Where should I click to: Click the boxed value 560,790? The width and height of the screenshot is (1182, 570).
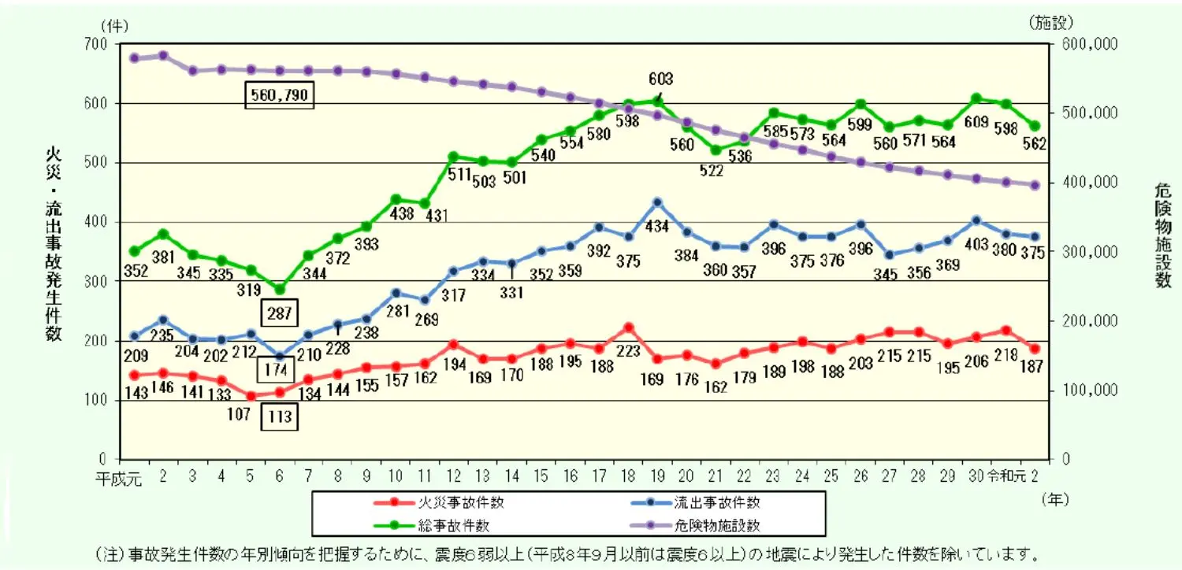click(279, 95)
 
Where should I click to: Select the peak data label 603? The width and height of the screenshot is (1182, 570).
click(661, 79)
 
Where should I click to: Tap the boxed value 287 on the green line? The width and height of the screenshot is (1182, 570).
click(280, 313)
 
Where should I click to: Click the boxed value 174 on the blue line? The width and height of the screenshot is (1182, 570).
click(280, 368)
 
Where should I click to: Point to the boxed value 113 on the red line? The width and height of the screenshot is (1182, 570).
click(280, 416)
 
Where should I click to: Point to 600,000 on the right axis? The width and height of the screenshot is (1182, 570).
click(1088, 46)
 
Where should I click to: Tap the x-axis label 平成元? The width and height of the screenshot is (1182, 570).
click(119, 477)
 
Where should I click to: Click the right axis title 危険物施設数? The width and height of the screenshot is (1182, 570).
click(1162, 235)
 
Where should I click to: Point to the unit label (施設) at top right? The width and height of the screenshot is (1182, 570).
click(1050, 23)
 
